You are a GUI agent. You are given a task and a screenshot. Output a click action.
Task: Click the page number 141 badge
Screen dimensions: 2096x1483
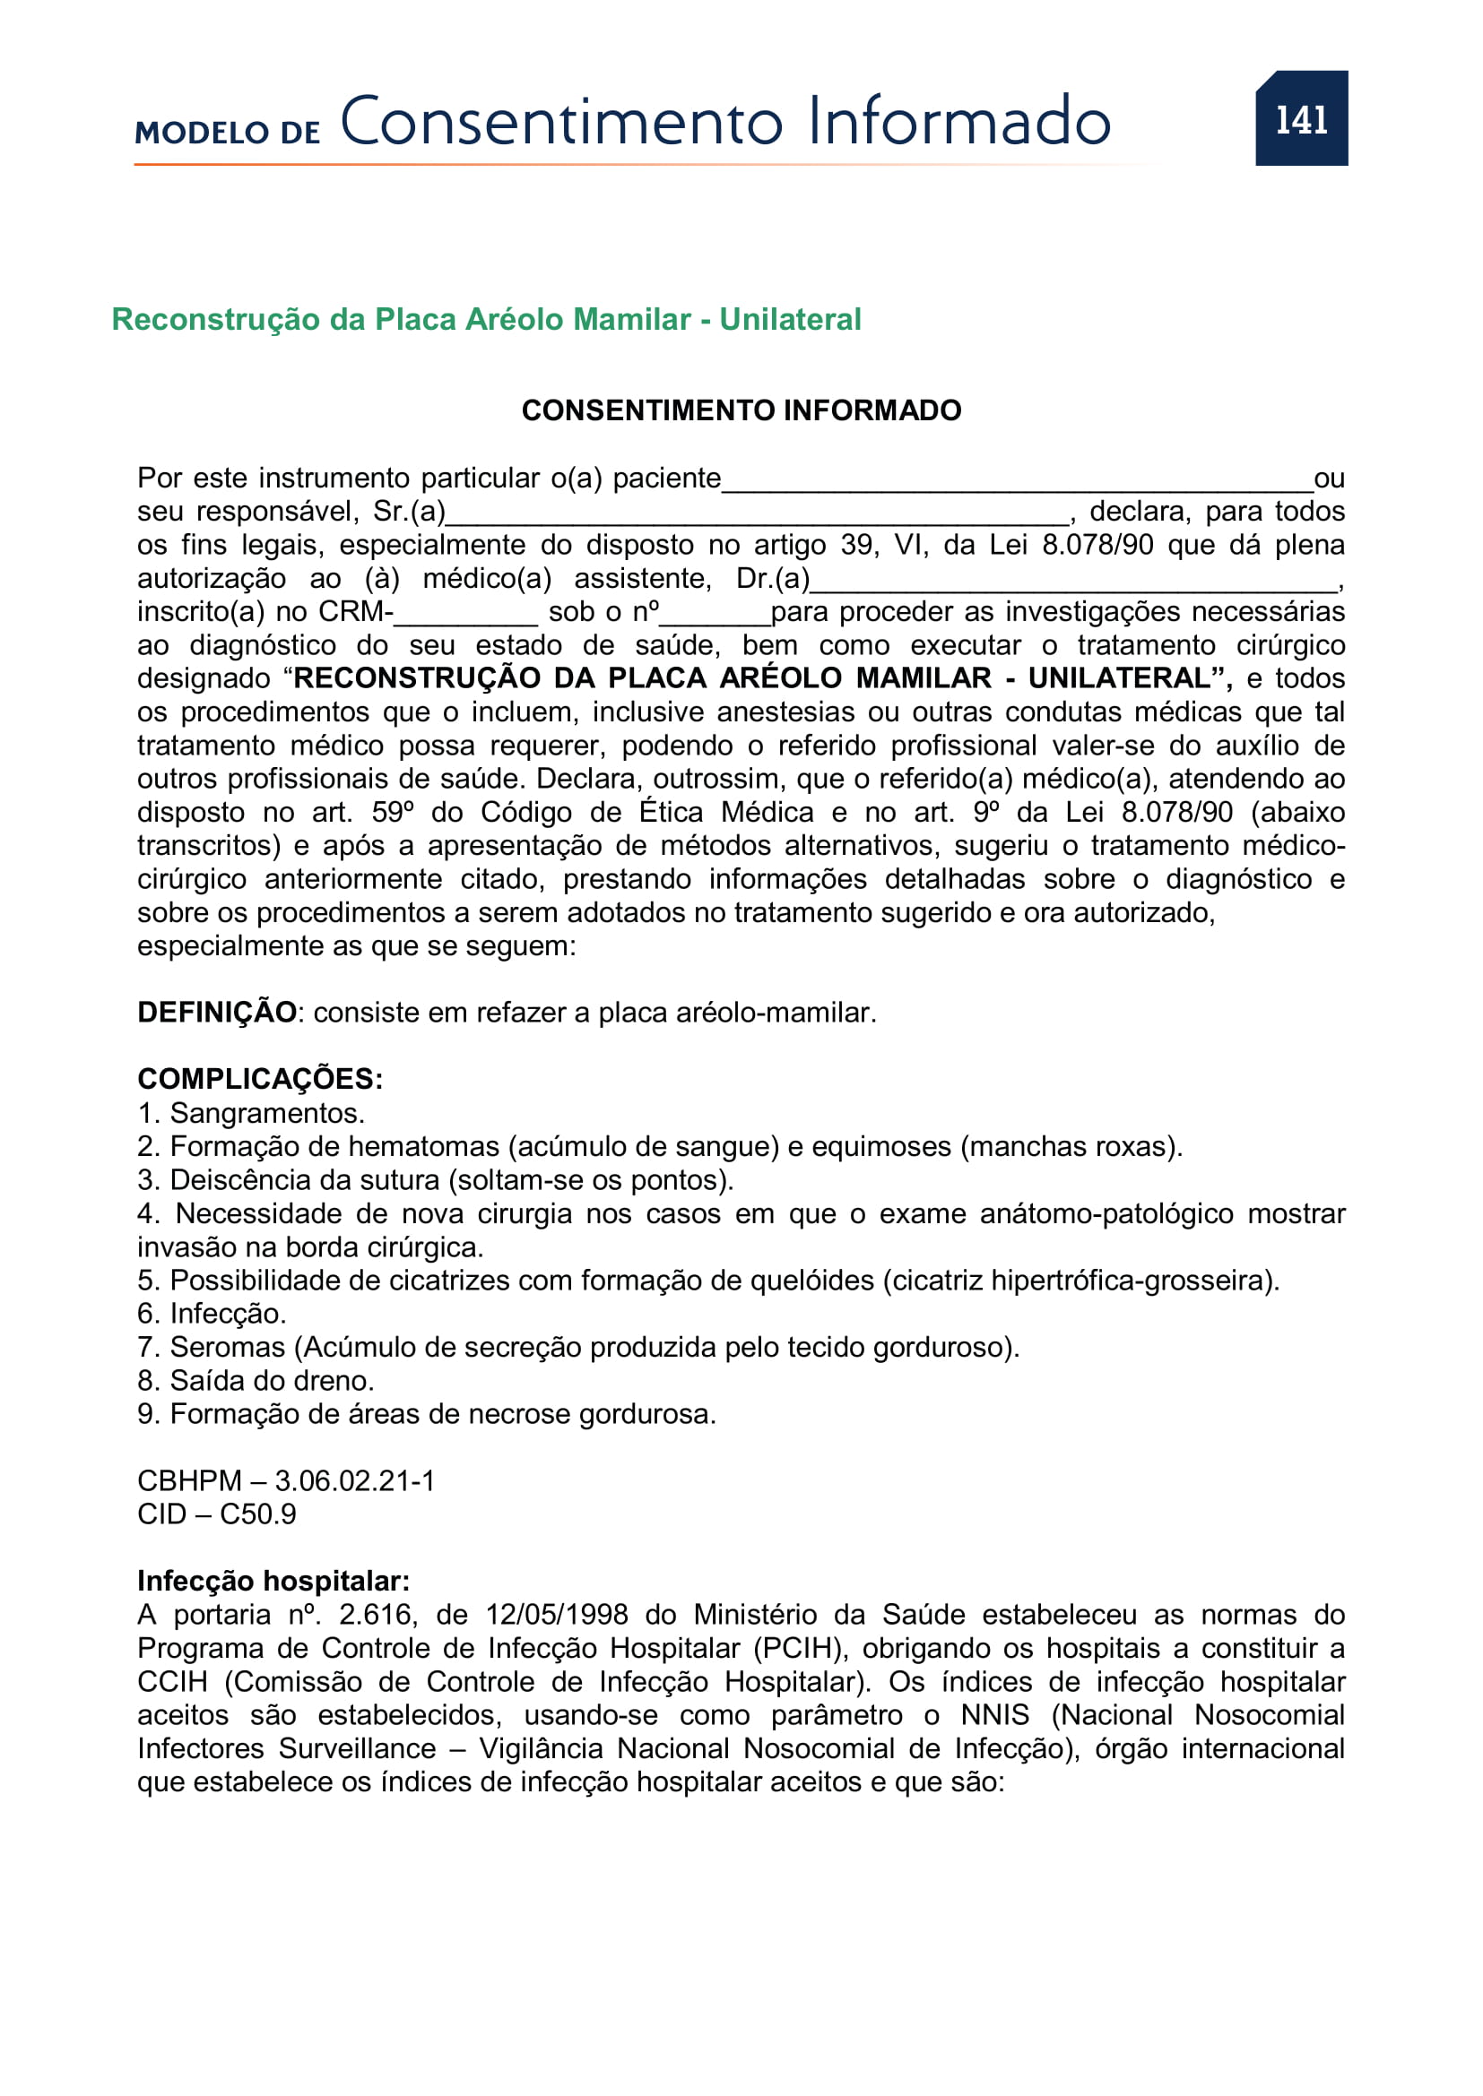(x=1300, y=118)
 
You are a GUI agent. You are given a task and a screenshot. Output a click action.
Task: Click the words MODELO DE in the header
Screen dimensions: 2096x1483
(x=228, y=133)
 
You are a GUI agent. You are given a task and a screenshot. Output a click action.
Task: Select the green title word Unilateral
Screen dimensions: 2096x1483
(x=790, y=320)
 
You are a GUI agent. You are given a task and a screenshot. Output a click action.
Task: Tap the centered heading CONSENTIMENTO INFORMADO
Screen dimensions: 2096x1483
(x=741, y=410)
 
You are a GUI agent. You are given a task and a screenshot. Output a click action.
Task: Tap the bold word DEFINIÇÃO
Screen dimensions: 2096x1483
(x=216, y=1013)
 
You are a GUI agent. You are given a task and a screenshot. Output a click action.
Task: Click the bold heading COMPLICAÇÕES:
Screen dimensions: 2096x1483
(x=260, y=1079)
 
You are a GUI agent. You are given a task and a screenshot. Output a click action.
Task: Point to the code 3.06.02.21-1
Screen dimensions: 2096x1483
(x=355, y=1480)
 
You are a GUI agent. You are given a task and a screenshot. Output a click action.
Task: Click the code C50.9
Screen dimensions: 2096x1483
(x=257, y=1514)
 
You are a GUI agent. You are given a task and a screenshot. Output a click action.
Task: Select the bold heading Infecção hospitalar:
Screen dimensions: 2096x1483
(x=273, y=1581)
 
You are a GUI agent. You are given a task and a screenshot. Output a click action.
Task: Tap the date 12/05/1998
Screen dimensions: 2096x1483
(x=556, y=1615)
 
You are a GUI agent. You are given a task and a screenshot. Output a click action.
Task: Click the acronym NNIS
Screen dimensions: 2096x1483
(x=994, y=1715)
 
